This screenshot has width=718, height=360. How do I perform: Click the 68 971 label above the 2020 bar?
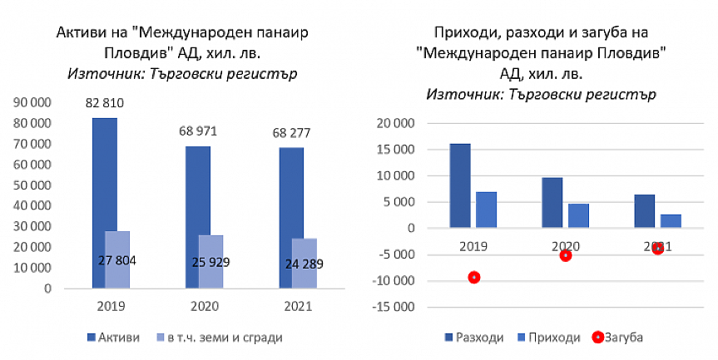199,131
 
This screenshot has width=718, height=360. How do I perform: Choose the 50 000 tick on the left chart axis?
35,185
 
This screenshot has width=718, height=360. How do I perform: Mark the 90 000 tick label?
35,102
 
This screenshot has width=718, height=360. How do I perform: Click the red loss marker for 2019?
474,277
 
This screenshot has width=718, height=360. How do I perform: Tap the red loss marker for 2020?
566,255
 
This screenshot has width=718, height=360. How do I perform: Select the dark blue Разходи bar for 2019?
460,185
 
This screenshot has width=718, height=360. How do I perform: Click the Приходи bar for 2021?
671,221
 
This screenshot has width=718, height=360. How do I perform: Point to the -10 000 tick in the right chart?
396,280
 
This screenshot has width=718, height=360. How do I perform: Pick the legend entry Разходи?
478,338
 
